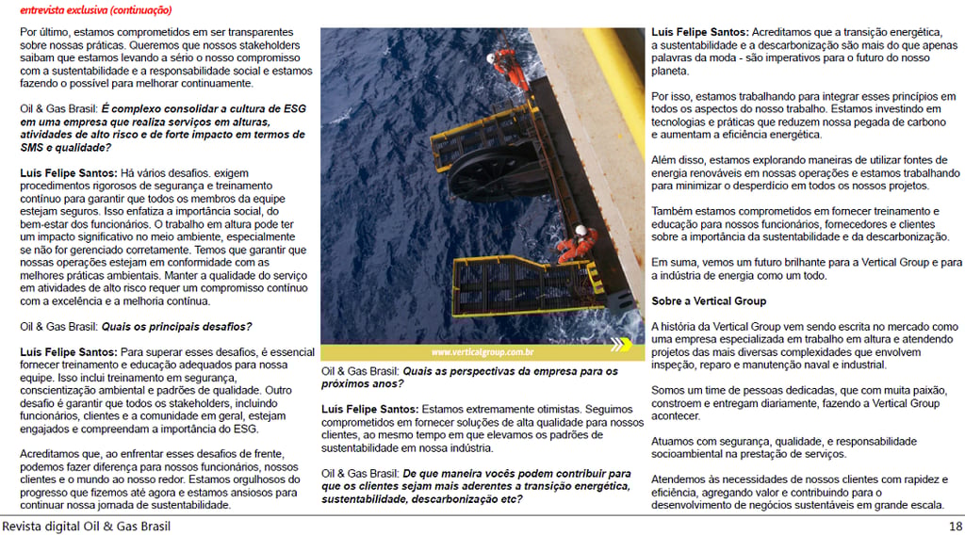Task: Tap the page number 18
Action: pos(955,526)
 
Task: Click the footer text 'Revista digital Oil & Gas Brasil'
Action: pos(87,526)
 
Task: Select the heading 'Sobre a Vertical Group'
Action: pos(709,301)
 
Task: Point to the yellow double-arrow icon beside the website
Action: pos(619,346)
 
